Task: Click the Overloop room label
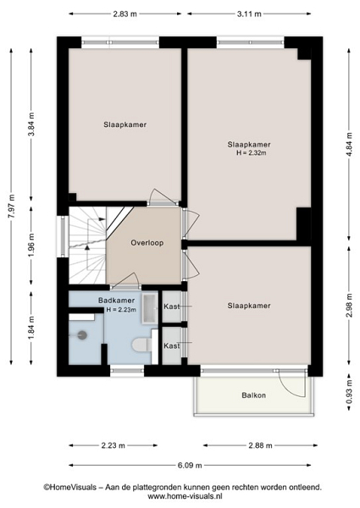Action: (147, 243)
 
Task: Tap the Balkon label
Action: (254, 395)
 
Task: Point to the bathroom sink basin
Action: (149, 309)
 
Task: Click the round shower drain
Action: (82, 335)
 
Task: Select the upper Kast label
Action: (172, 306)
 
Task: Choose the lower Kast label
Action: (172, 345)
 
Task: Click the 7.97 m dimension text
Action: (12, 207)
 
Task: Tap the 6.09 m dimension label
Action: (190, 465)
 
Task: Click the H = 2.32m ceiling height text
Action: (252, 153)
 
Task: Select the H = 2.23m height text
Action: (121, 310)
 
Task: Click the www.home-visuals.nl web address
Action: (185, 496)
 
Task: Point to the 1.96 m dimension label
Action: (31, 246)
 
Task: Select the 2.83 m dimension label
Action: (125, 14)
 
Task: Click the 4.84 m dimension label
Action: (349, 145)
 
